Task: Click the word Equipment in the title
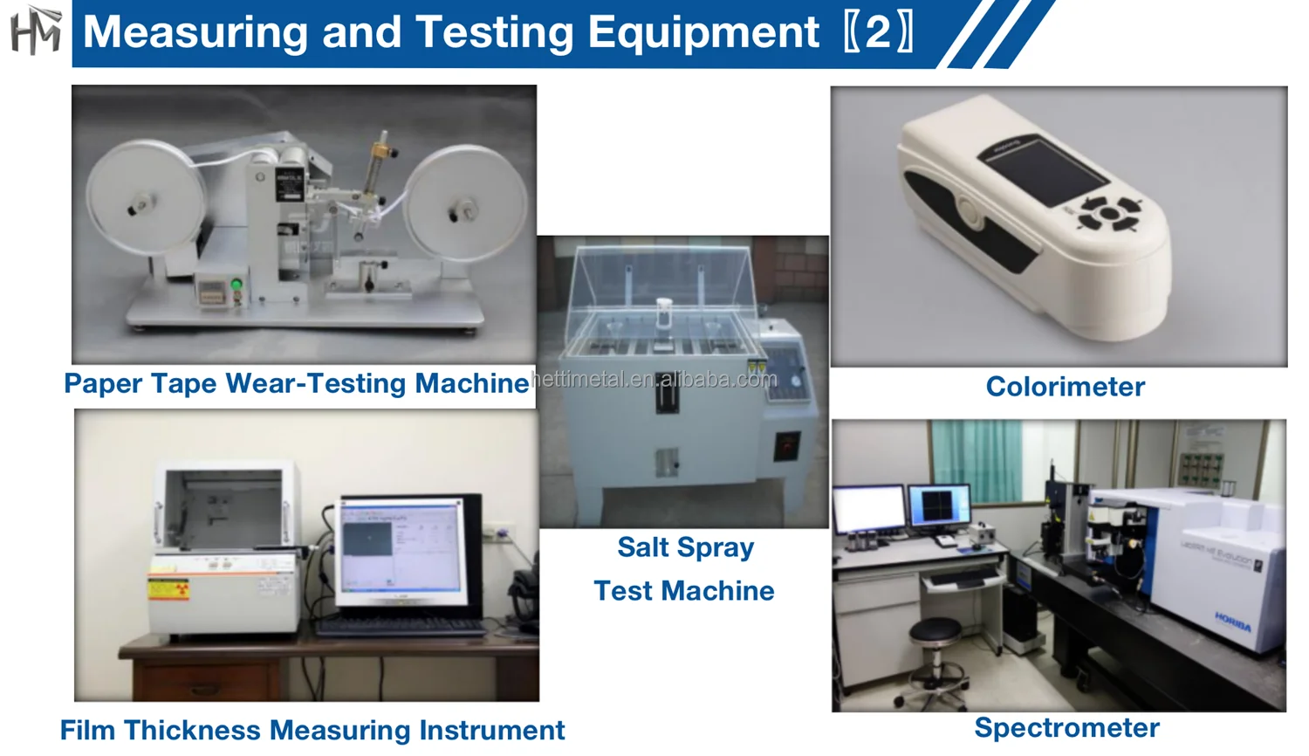tap(703, 32)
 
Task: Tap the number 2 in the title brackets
tap(878, 32)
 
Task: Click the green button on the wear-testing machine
tap(236, 285)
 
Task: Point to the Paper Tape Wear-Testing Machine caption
tap(296, 383)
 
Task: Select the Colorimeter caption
tap(1065, 387)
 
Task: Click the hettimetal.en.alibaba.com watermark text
tap(654, 380)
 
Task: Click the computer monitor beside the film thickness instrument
tap(402, 550)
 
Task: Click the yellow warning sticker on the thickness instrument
tap(168, 588)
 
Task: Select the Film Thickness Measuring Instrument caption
tap(312, 730)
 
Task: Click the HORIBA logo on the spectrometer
tap(1233, 622)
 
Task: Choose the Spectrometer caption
tap(1066, 728)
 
